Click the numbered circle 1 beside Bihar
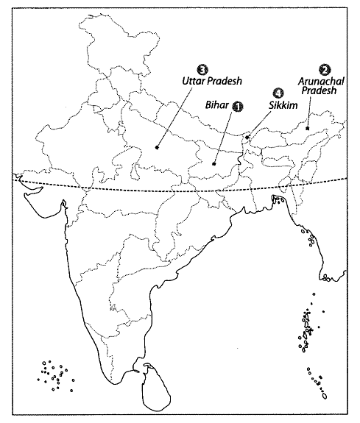pos(237,107)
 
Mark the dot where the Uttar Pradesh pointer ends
pos(158,148)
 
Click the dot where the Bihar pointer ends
pos(213,164)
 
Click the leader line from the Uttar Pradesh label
pos(177,114)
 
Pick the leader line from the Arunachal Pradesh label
pos(310,112)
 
